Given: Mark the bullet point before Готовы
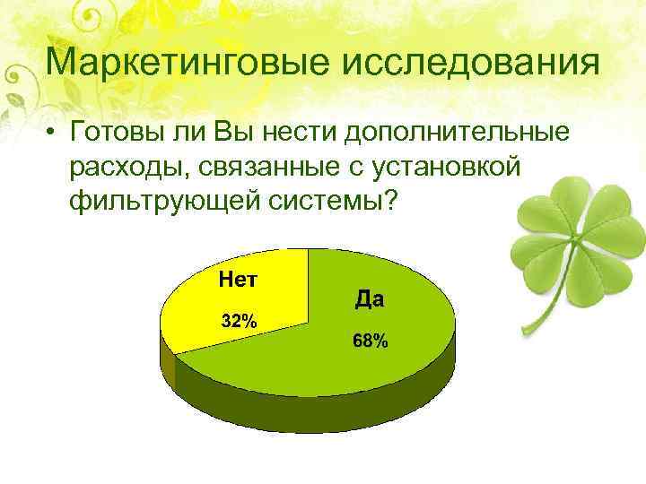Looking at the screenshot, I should [55, 134].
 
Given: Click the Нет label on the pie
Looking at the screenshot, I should [239, 281].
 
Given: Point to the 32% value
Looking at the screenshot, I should [239, 322].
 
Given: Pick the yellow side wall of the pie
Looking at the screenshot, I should [166, 359].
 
